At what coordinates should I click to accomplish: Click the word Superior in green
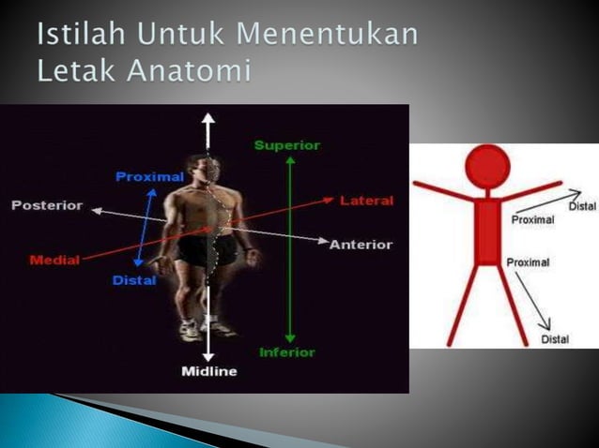(287, 145)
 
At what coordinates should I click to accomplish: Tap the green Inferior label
(287, 352)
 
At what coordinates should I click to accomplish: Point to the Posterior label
(47, 205)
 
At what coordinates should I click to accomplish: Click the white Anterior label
(361, 245)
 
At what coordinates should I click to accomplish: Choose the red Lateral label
(367, 201)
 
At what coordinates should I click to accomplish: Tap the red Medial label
(54, 260)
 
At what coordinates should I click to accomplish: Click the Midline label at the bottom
(208, 372)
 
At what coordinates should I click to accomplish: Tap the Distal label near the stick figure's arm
(582, 205)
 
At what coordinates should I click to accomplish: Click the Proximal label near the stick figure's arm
(532, 220)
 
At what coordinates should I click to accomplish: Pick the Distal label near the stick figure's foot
(555, 339)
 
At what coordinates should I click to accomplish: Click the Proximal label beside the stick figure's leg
(528, 262)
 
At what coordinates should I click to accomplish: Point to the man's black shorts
(199, 251)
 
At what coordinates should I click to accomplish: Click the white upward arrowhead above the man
(208, 119)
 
